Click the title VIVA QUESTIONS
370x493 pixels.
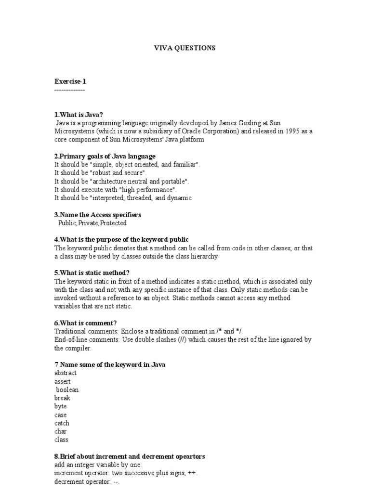185,48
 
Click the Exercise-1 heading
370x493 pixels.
70,82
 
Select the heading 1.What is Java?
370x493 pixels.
79,115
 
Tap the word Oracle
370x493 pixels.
193,131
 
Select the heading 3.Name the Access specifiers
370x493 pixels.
98,215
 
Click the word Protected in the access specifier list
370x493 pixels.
114,223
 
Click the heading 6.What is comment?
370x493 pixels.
85,323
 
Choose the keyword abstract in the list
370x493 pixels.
66,373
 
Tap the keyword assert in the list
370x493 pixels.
63,381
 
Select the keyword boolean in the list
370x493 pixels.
67,389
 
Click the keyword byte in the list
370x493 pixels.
61,406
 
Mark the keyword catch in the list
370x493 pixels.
62,423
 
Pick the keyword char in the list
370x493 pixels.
61,431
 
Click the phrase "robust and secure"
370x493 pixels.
117,173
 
